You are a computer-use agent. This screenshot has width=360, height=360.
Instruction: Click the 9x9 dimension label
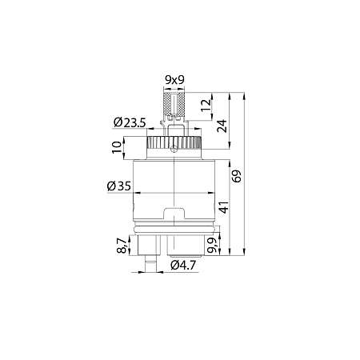coord(174,81)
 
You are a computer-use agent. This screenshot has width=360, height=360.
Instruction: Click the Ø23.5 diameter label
coord(128,122)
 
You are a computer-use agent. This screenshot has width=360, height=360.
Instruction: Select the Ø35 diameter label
coord(119,186)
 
